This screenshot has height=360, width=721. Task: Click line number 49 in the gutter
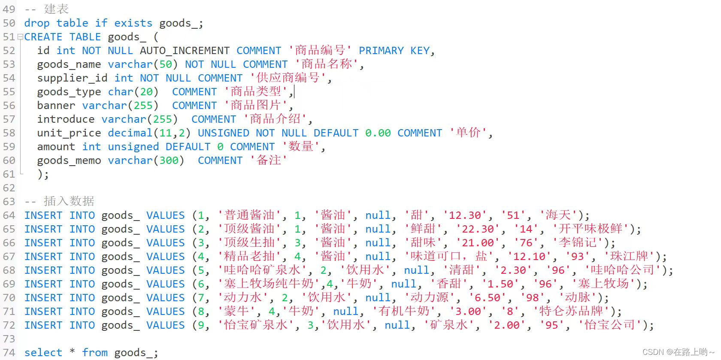point(9,9)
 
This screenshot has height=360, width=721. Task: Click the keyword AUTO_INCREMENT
point(185,51)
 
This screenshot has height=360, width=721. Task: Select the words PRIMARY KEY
point(394,51)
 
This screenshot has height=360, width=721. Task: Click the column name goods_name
point(69,64)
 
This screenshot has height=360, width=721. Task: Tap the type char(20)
point(133,92)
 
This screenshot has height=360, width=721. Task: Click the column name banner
point(56,106)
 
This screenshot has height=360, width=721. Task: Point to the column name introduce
point(66,119)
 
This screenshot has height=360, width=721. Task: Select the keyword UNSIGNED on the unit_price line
point(223,133)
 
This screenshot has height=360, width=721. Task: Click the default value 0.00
point(378,133)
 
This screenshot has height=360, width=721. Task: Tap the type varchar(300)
point(146,160)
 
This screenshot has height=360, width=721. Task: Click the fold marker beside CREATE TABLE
point(20,37)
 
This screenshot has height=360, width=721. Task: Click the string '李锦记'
point(578,243)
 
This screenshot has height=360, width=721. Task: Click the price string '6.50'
point(487,298)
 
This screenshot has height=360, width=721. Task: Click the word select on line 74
point(43,353)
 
